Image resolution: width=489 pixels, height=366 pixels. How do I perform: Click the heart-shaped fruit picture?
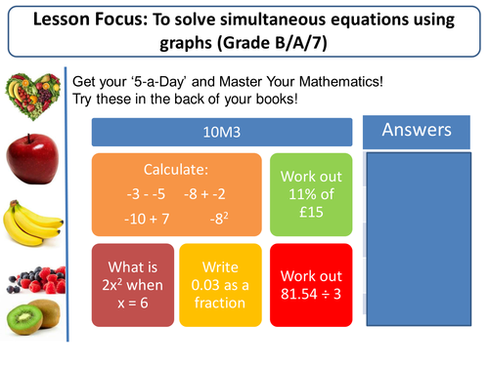30,99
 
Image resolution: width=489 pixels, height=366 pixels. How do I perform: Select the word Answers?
416,130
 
